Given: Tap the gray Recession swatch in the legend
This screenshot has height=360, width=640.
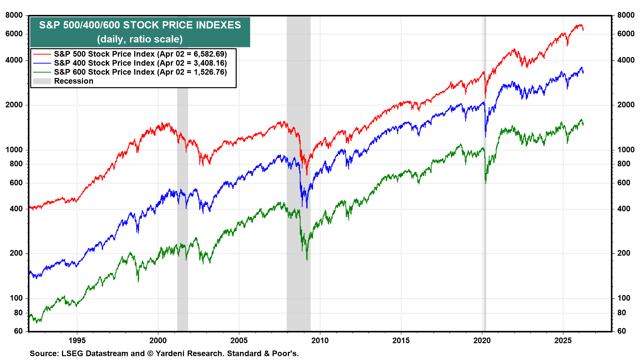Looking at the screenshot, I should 42,81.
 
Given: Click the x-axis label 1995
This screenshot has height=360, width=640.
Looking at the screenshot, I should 77,340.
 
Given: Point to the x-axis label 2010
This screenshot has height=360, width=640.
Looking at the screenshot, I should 320,340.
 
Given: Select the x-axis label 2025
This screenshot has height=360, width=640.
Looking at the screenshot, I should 563,340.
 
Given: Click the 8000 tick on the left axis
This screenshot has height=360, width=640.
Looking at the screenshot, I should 14,15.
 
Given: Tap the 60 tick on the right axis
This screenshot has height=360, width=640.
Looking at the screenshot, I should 622,331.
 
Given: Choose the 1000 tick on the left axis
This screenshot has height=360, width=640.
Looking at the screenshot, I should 14,150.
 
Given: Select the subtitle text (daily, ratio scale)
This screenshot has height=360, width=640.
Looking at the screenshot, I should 140,39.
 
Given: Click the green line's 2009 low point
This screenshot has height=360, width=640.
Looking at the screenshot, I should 307,259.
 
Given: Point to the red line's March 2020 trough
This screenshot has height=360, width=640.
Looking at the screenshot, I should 486,97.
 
